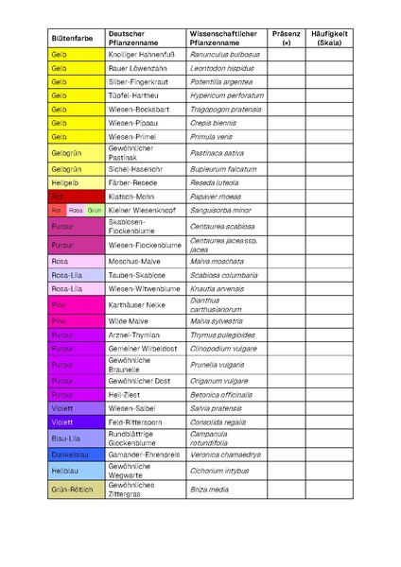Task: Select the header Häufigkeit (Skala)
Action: (330, 39)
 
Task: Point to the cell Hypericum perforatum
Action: (226, 95)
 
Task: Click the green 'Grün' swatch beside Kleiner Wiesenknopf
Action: (96, 210)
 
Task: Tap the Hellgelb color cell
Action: (76, 182)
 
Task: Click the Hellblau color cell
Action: (76, 470)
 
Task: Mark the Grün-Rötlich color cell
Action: (76, 490)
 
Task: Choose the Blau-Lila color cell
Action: (76, 437)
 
